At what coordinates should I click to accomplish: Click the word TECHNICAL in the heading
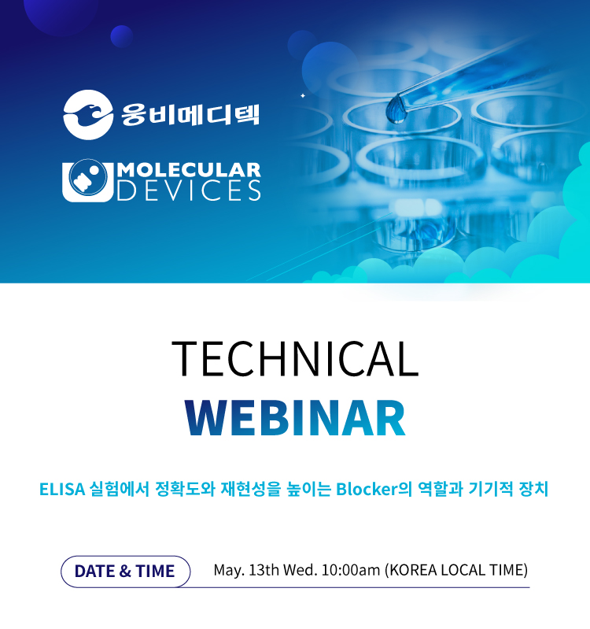[x=295, y=358]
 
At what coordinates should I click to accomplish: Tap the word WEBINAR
[x=295, y=417]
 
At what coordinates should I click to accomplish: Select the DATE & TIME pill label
[x=125, y=572]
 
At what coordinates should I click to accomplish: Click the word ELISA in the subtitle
[x=62, y=490]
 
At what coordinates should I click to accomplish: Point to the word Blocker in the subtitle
[x=367, y=490]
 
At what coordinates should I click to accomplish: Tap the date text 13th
[x=264, y=570]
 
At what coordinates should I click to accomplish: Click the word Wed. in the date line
[x=301, y=570]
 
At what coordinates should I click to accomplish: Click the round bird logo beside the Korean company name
[x=88, y=115]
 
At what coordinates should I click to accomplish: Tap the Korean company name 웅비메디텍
[x=190, y=115]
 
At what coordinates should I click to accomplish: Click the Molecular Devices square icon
[x=88, y=180]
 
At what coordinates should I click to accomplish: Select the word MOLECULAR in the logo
[x=189, y=170]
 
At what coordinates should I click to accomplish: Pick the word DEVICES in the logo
[x=189, y=191]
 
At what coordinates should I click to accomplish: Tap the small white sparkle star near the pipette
[x=303, y=95]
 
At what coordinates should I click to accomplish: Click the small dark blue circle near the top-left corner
[x=122, y=36]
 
